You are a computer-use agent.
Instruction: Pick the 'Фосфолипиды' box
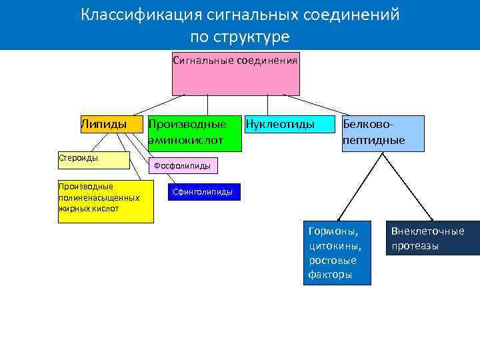click(182, 165)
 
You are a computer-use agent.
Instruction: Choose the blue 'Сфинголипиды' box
click(203, 192)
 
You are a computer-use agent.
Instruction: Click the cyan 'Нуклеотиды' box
click(289, 124)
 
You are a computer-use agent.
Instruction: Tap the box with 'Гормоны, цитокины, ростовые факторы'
click(337, 252)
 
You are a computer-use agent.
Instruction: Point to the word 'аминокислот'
click(185, 140)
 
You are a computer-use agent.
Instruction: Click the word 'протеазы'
click(415, 246)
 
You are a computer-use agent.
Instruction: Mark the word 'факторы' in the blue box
click(330, 275)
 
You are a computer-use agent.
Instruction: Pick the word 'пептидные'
click(373, 140)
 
